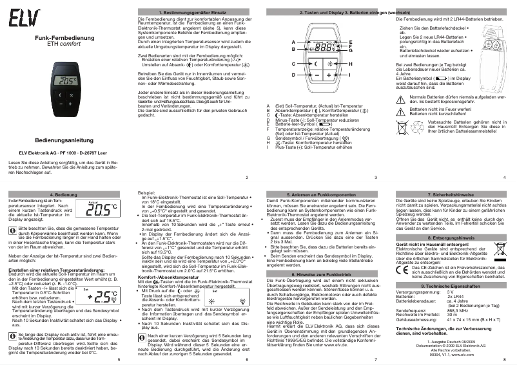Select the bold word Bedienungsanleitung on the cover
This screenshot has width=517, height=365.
pyautogui.click(x=64, y=139)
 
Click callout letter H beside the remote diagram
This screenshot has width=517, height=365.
pyautogui.click(x=350, y=64)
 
